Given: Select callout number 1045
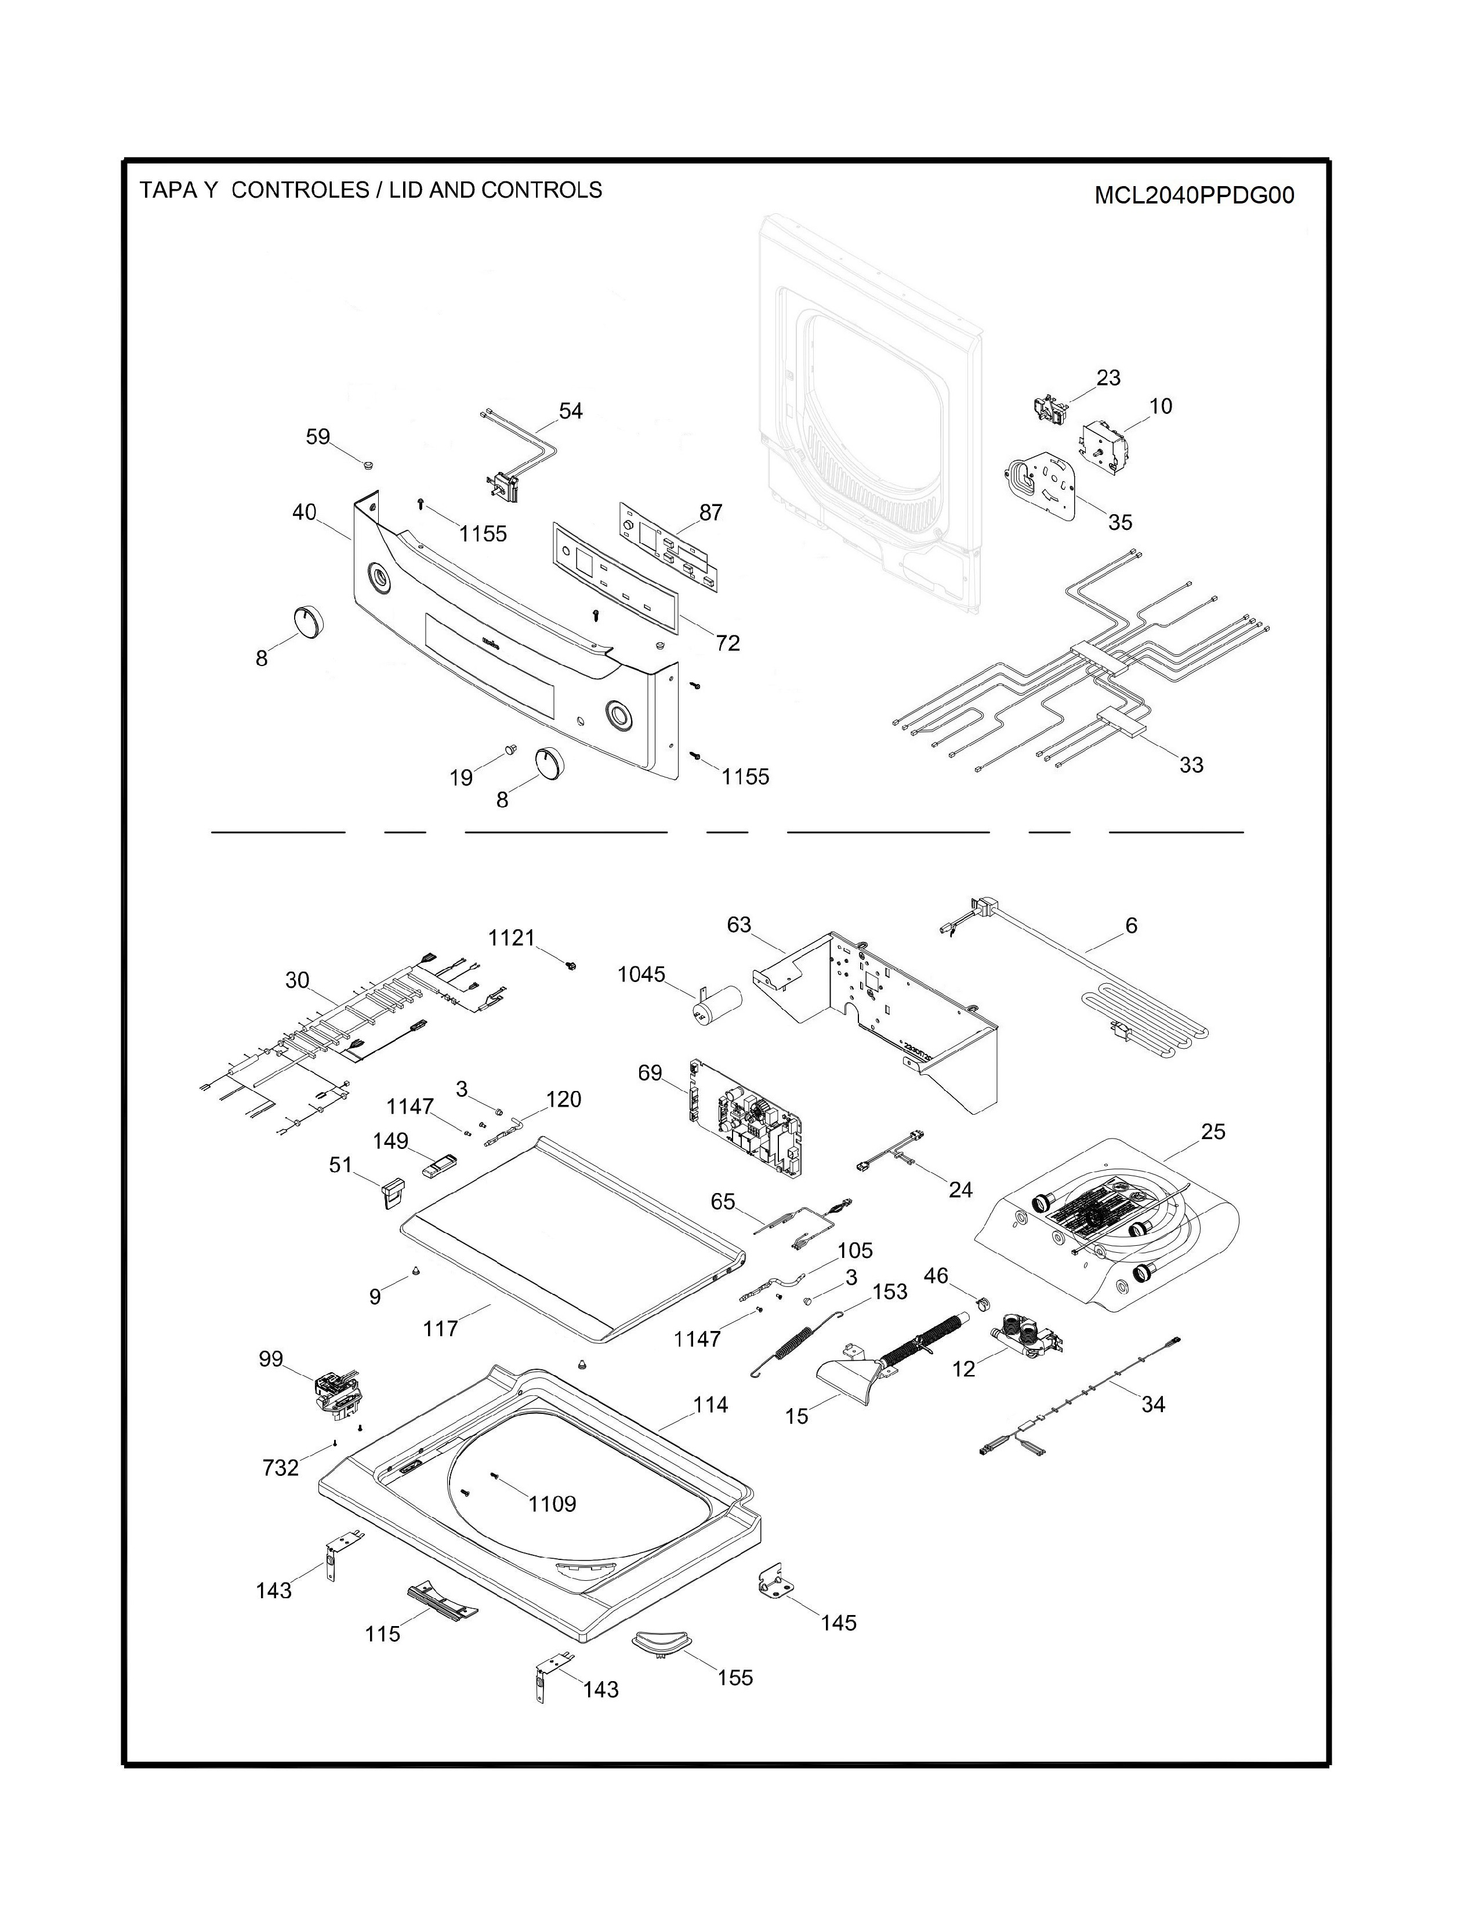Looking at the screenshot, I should click(x=641, y=974).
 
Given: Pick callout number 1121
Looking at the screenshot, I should click(x=512, y=938).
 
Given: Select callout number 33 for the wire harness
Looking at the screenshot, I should click(x=1191, y=765).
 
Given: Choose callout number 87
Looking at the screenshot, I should click(x=710, y=512).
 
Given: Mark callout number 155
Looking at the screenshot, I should click(x=735, y=1678).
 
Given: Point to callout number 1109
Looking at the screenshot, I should click(x=552, y=1504).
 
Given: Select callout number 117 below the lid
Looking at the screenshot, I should click(x=441, y=1329).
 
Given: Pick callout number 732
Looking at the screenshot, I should click(x=280, y=1467).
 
